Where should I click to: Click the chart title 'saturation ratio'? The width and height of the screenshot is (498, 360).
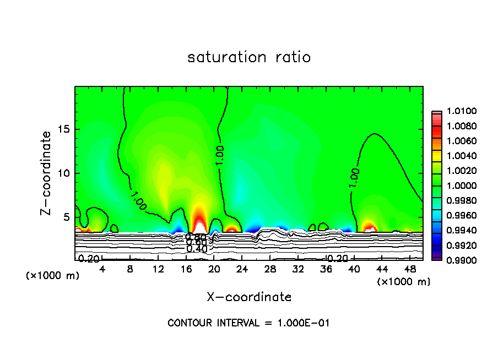coord(249,57)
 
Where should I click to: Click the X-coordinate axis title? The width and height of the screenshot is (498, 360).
coord(249,297)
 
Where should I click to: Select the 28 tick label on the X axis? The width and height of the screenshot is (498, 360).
coord(270,269)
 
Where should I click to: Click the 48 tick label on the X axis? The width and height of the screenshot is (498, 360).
coord(410,269)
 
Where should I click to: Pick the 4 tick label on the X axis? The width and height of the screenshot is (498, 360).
coord(102,269)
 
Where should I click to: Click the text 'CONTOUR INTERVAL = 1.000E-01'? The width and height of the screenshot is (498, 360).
coord(248,323)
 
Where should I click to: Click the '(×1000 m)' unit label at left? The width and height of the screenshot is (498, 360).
coord(53,276)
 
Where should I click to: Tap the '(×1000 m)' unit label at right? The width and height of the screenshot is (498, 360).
coord(404,282)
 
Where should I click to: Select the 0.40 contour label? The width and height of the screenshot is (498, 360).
coord(197,249)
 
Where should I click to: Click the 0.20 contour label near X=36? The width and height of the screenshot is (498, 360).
coord(337,258)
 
